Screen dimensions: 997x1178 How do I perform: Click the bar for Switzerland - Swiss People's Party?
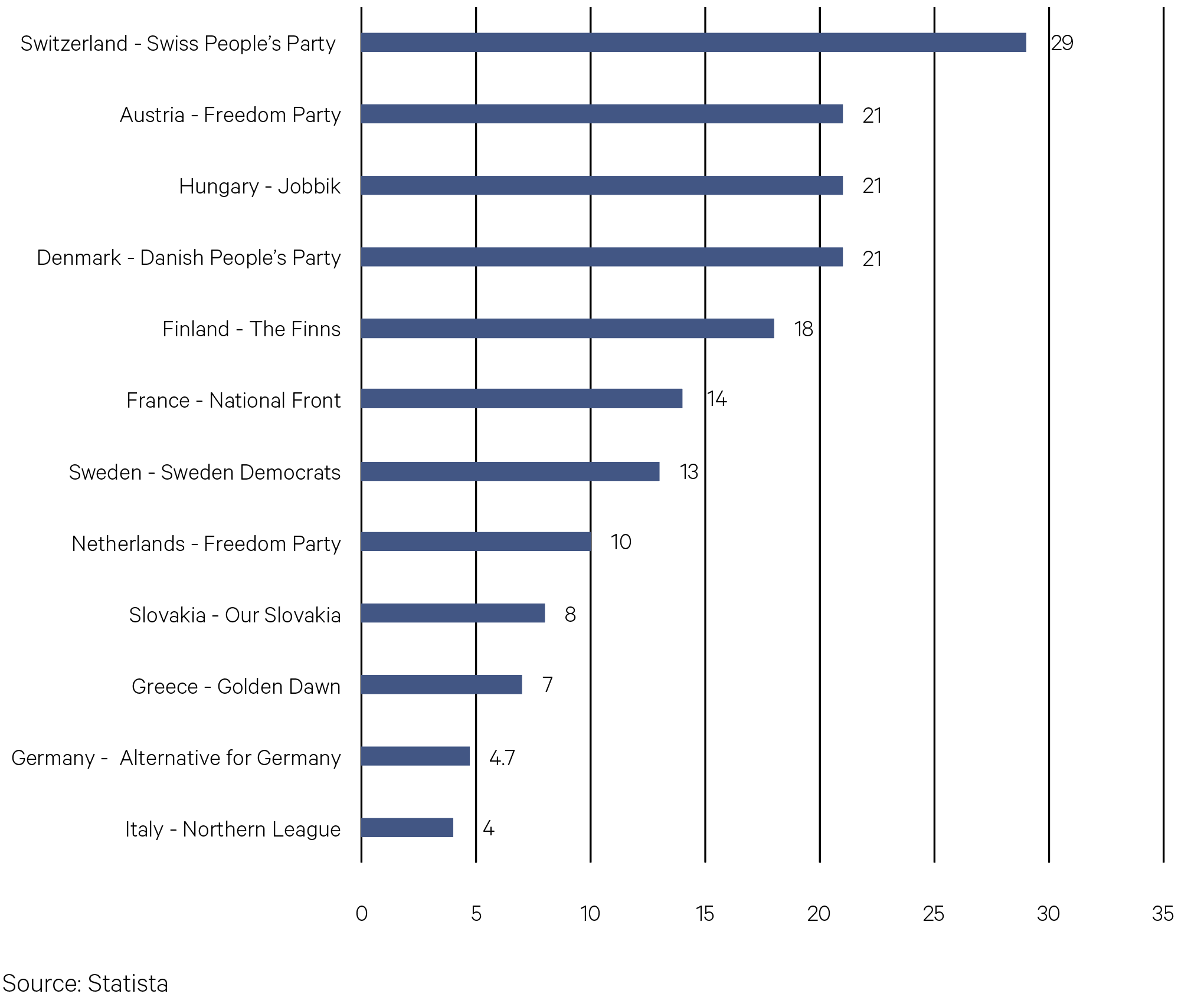[693, 42]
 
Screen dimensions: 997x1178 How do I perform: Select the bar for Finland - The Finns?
[567, 329]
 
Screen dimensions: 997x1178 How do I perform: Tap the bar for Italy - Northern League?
[407, 828]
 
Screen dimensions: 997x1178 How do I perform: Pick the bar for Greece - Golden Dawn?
[441, 685]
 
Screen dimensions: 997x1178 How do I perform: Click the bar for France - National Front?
[522, 399]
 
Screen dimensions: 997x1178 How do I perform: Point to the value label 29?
[1062, 43]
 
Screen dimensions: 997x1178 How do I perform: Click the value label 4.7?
[502, 757]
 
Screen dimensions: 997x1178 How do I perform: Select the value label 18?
[803, 329]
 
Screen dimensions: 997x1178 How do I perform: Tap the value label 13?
[689, 472]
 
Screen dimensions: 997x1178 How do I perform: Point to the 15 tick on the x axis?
[705, 914]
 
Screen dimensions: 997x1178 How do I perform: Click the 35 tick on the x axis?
[1163, 914]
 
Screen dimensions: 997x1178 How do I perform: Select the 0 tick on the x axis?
[361, 914]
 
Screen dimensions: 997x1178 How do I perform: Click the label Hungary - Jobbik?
[260, 186]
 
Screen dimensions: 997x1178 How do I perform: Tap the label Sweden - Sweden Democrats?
[205, 473]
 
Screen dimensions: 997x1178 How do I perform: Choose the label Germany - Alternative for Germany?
[176, 758]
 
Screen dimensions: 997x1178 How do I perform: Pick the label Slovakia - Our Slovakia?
[235, 615]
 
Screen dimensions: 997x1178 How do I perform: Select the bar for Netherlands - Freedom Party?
[476, 542]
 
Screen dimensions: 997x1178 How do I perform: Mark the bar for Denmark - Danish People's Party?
[602, 257]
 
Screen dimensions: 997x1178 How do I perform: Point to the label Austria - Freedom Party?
[230, 115]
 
